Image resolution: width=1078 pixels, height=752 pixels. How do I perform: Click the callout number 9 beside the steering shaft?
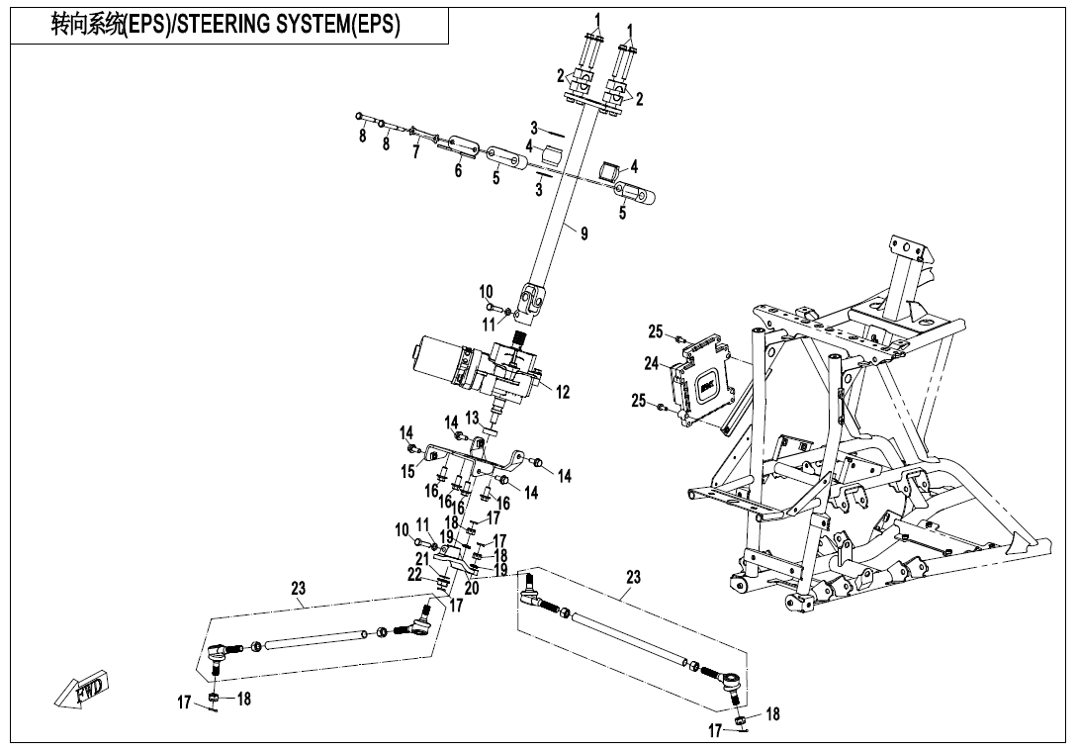[584, 235]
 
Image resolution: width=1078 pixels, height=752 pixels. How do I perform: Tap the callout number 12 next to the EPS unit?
[563, 393]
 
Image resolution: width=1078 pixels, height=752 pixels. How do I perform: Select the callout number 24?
[652, 364]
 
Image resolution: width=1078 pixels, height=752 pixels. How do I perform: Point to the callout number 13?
[472, 418]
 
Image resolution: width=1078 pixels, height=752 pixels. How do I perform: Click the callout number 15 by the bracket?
[407, 472]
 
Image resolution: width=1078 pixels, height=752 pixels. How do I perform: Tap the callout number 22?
[414, 574]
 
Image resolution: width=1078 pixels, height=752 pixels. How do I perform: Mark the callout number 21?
[422, 559]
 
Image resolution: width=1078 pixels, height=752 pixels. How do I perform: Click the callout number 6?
[458, 170]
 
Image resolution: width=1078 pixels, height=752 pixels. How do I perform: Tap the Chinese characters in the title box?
[88, 25]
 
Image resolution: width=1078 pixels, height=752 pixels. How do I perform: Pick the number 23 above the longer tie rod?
[633, 577]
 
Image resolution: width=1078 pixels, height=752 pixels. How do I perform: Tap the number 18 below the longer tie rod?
[773, 713]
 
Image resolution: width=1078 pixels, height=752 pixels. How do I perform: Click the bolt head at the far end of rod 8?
[360, 118]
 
